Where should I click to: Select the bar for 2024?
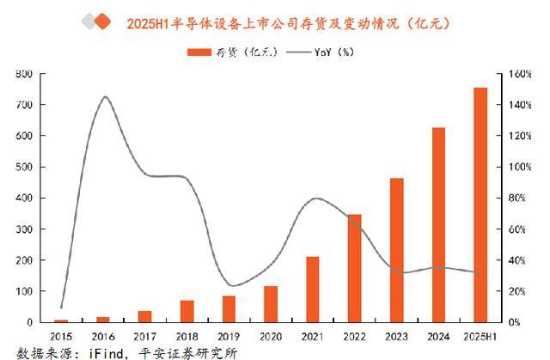point(438,224)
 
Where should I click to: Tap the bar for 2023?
point(396,250)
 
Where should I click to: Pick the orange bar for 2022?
point(354,268)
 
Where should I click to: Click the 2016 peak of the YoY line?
point(104,97)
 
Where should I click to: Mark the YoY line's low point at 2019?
point(230,285)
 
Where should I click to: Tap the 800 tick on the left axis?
point(24,74)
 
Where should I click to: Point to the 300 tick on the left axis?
point(24,229)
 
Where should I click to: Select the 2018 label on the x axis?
point(186,334)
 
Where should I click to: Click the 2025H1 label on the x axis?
point(480,334)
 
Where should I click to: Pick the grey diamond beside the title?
point(89,21)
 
